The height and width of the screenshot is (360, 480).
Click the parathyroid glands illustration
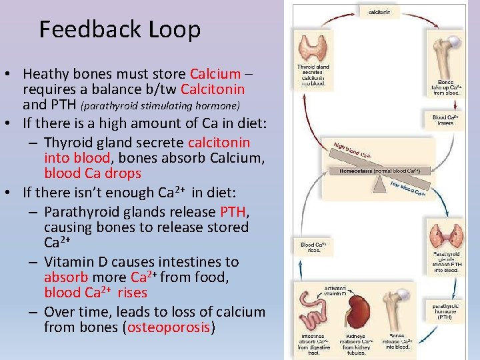click(x=447, y=237)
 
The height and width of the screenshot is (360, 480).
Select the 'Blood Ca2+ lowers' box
click(x=445, y=121)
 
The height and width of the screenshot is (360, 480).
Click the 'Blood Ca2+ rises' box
click(x=313, y=249)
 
